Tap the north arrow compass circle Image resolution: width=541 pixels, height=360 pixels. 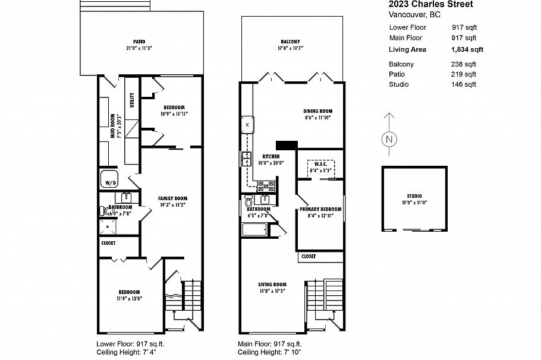pos(388,140)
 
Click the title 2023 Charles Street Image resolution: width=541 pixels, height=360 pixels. pos(422,5)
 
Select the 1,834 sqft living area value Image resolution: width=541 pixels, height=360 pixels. pos(467,50)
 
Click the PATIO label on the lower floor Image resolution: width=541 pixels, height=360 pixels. pos(139,42)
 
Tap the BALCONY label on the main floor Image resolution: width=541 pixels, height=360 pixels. pos(290,42)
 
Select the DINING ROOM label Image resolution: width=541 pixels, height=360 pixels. pos(317,111)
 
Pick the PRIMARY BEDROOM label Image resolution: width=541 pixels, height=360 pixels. pos(320,209)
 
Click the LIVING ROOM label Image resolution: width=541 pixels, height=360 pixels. pos(272,284)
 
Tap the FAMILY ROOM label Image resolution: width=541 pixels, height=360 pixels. pos(172,198)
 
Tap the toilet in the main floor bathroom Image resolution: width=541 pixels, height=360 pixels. pos(249,201)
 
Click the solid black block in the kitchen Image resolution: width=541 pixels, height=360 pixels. pos(286,144)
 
